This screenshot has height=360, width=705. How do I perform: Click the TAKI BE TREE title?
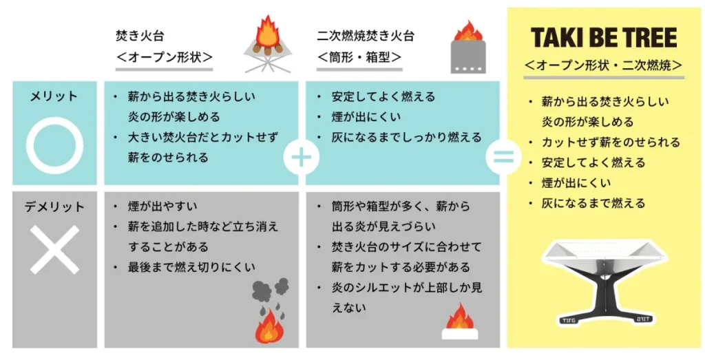coord(604,37)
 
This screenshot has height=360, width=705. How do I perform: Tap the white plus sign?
coord(302,157)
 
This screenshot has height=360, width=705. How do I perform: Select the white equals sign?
coord(503,157)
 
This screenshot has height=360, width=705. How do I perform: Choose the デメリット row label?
coord(54,207)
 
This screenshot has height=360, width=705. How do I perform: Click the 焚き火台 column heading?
coord(140,36)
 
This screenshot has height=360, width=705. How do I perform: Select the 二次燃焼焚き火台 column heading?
coord(366,36)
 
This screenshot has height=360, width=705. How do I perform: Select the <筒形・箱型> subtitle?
coord(360,57)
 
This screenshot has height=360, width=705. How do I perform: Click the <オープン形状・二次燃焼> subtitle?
coord(603,65)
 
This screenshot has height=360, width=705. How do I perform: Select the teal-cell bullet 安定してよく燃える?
coord(383,97)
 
